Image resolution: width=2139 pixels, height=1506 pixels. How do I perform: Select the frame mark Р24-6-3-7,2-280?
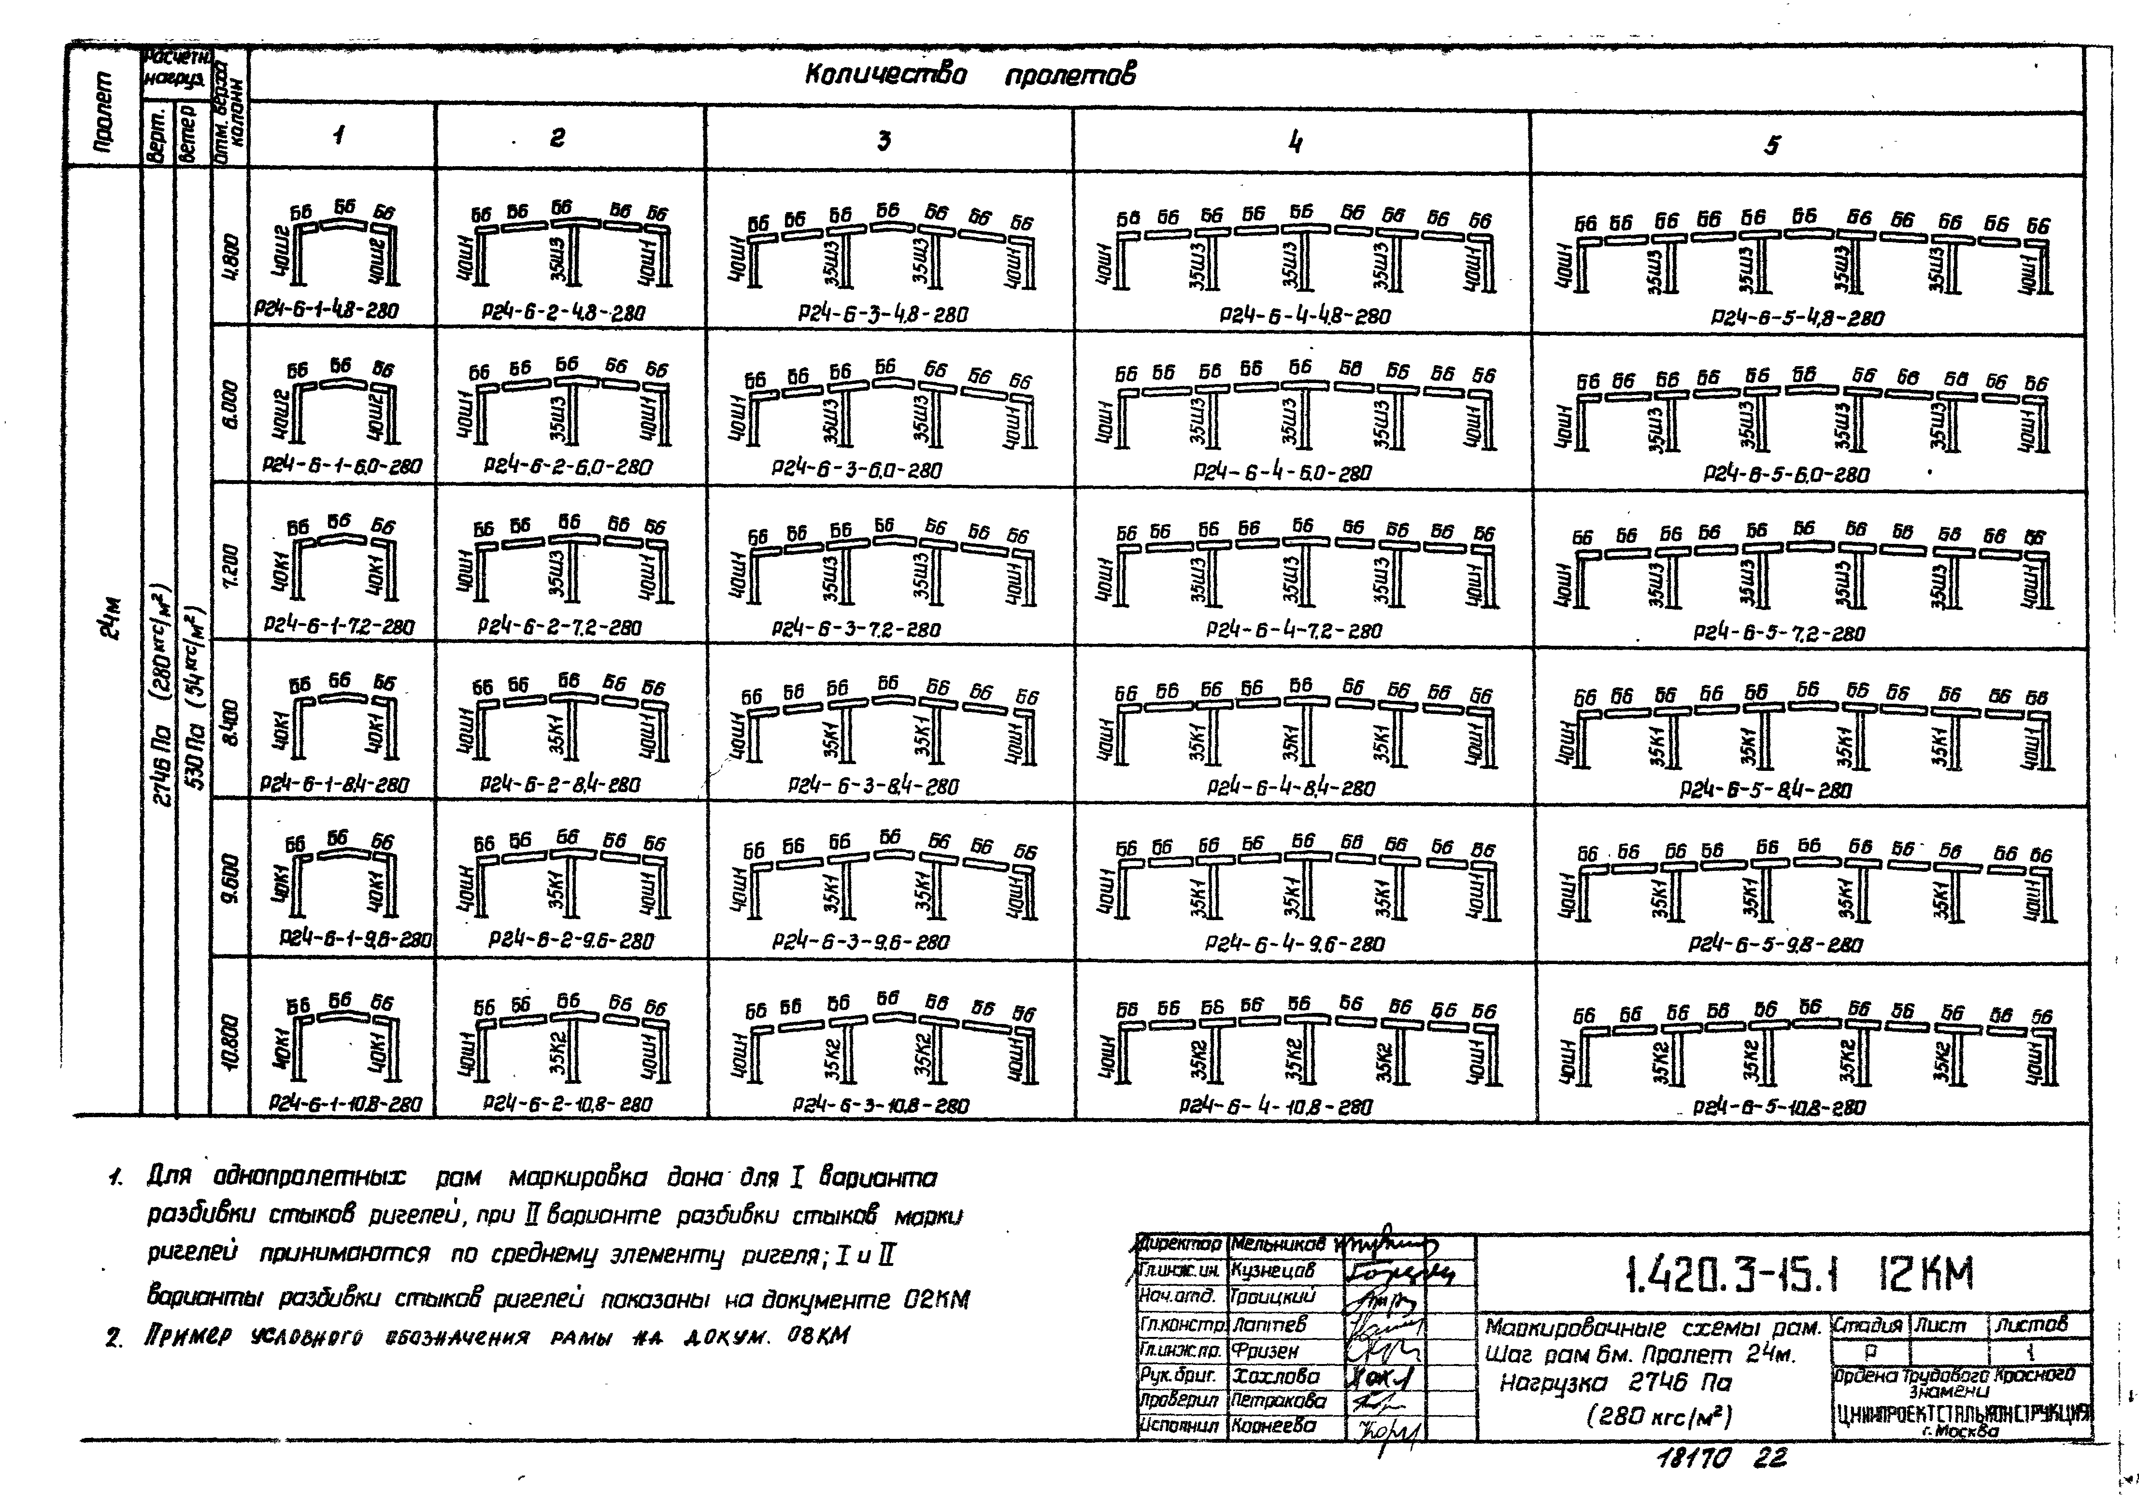click(855, 630)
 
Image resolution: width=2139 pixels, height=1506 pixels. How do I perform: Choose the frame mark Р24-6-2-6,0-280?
click(567, 467)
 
